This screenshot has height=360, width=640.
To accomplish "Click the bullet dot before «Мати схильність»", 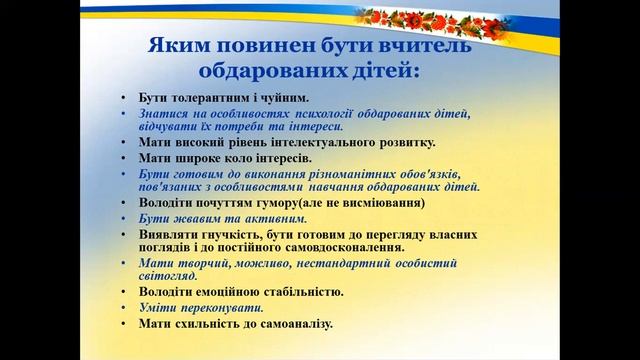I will click(x=121, y=324).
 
